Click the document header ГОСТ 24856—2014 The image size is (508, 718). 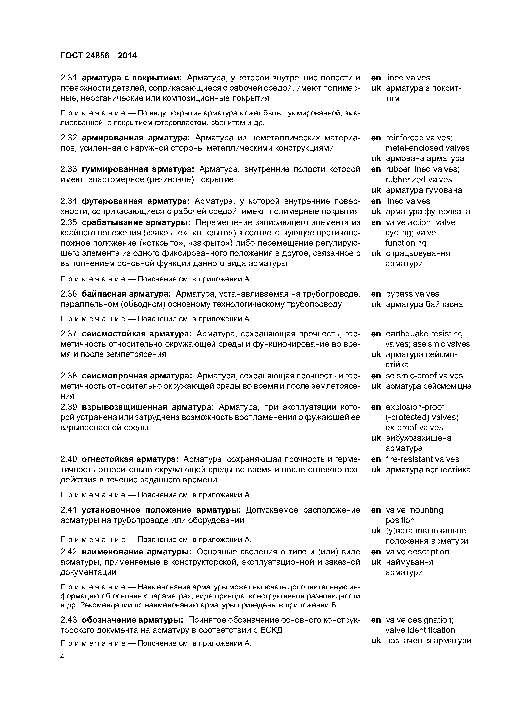point(99,56)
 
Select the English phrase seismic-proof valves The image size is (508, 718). point(424,376)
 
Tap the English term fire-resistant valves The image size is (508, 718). point(422,459)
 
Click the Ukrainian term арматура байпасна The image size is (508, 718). point(424,304)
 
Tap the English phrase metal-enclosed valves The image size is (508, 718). point(427,148)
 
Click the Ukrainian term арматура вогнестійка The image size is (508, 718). point(428,470)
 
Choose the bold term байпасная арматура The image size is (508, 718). point(126,294)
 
